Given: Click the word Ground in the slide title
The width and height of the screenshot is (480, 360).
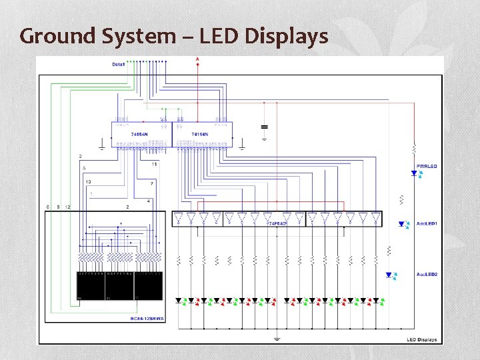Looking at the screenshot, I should pyautogui.click(x=58, y=35).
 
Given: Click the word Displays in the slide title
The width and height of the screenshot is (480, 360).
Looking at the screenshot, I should pyautogui.click(x=287, y=35).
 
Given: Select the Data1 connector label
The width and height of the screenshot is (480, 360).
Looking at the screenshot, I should pyautogui.click(x=119, y=64).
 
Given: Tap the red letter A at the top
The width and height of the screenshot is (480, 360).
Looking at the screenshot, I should pyautogui.click(x=197, y=60).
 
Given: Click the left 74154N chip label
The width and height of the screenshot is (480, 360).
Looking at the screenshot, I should pyautogui.click(x=139, y=135).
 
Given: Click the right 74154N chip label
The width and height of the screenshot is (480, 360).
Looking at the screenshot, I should pyautogui.click(x=200, y=135).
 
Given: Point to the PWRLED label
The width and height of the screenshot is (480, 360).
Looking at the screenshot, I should pyautogui.click(x=427, y=166).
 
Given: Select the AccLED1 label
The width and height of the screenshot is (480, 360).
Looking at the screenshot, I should pyautogui.click(x=427, y=224).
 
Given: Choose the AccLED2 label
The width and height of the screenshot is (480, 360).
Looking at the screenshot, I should pyautogui.click(x=427, y=275).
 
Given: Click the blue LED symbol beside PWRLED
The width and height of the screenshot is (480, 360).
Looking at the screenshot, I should pyautogui.click(x=414, y=173).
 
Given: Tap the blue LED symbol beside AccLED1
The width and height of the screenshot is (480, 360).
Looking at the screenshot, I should pyautogui.click(x=402, y=225).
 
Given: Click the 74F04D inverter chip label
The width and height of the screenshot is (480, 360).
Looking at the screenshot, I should pyautogui.click(x=277, y=223).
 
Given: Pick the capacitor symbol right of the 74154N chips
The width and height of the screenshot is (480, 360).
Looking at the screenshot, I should pyautogui.click(x=265, y=126).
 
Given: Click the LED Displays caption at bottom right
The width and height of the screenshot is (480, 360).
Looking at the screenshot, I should pyautogui.click(x=422, y=339).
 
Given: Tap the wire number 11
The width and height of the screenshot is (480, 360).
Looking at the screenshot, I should pyautogui.click(x=154, y=164).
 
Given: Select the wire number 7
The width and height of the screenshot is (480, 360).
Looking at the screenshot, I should pyautogui.click(x=152, y=183).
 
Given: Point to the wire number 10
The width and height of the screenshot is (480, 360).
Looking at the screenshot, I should pyautogui.click(x=88, y=181).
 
